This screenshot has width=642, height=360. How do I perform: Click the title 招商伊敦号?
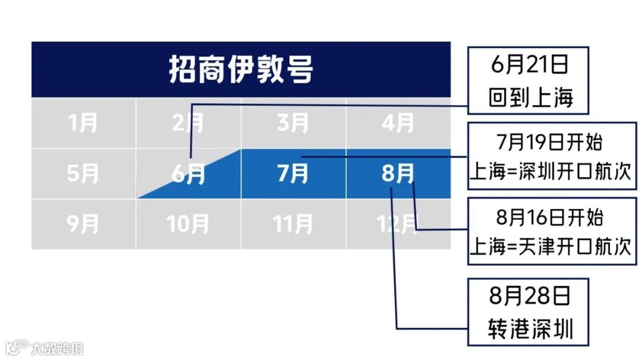point(240,70)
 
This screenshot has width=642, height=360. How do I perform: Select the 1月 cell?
point(83,124)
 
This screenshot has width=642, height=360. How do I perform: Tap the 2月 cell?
point(188,124)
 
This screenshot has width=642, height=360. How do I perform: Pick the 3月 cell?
point(293,124)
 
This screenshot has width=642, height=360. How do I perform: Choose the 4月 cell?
point(398,124)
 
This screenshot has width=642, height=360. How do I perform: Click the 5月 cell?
point(83,174)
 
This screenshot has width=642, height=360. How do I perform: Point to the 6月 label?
point(188,175)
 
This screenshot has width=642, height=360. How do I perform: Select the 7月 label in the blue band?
point(293,174)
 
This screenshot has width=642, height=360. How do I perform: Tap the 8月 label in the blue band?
point(398,174)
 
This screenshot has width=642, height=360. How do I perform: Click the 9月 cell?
point(83,225)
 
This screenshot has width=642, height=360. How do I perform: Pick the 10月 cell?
point(188,225)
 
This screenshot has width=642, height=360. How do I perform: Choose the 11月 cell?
point(293,225)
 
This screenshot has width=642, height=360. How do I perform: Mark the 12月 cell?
point(398,225)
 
